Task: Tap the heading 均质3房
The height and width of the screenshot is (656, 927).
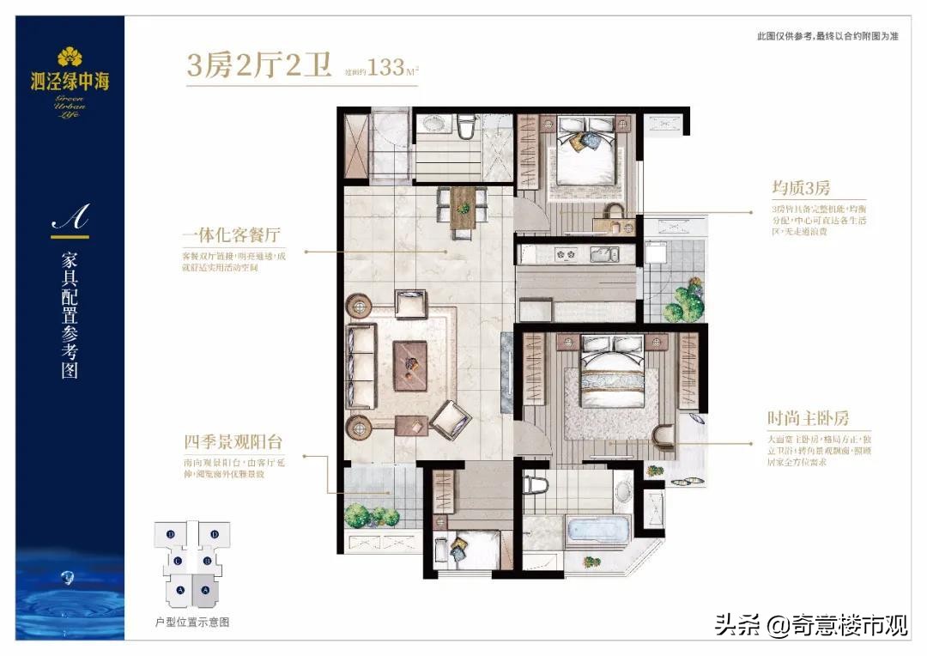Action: click(x=800, y=187)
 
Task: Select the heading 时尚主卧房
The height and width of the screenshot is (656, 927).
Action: click(x=808, y=419)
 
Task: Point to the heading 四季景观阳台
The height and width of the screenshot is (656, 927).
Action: click(x=233, y=443)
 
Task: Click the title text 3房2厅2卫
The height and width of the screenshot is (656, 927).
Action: click(x=259, y=66)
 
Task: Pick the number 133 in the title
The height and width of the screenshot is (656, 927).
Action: click(x=387, y=68)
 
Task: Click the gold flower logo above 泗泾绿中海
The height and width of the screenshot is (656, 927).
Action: click(x=70, y=58)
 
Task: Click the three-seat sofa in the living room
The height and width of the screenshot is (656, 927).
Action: click(x=361, y=365)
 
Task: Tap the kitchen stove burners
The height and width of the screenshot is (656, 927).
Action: click(x=566, y=253)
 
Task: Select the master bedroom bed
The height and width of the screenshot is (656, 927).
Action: click(x=610, y=379)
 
